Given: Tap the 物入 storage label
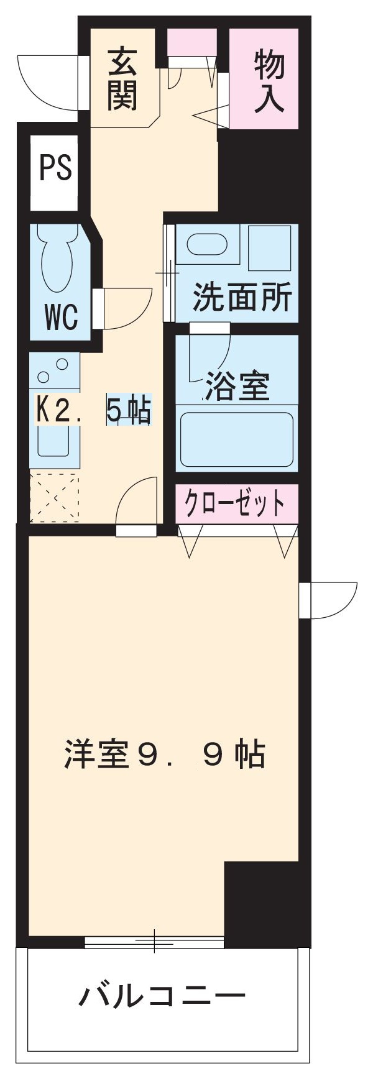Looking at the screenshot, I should (269, 82).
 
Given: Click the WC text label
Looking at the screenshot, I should (61, 317).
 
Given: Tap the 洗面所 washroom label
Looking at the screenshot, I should (241, 298).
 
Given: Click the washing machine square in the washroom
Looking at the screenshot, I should (270, 247).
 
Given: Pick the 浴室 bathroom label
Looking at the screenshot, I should (237, 387).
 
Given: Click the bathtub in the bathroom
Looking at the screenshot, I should (236, 439).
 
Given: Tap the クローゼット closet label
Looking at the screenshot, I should (236, 503).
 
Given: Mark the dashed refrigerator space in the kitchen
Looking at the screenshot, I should (54, 497).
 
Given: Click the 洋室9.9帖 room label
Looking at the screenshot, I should (164, 755).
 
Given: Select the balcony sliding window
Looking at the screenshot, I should (154, 942).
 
